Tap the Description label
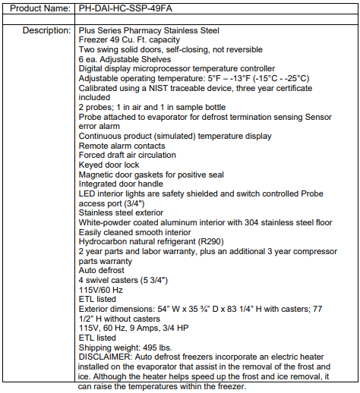click(x=47, y=30)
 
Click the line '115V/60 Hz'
click(x=102, y=290)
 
